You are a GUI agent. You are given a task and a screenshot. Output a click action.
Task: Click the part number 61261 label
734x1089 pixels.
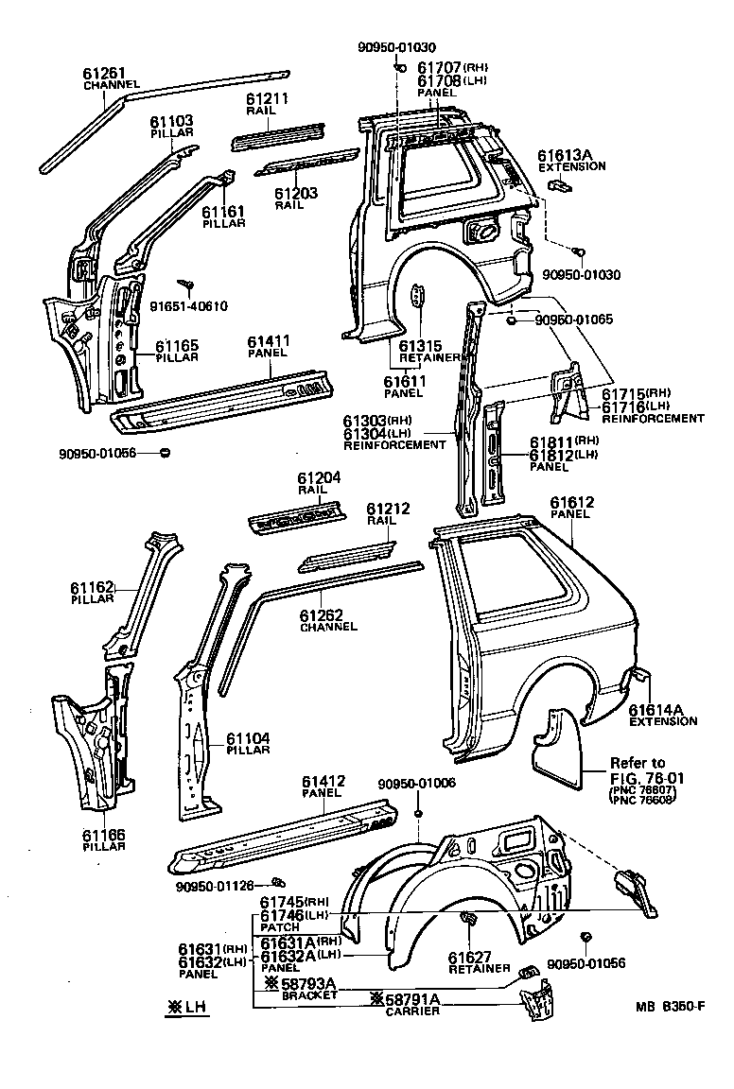(x=104, y=73)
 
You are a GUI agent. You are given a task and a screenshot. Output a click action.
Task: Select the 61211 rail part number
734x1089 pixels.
(x=267, y=98)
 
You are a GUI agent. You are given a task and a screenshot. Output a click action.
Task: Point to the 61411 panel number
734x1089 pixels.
(x=269, y=341)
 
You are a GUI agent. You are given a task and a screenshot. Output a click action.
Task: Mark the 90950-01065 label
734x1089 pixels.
(x=573, y=320)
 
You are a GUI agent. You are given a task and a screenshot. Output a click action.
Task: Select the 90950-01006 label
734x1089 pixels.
(x=416, y=784)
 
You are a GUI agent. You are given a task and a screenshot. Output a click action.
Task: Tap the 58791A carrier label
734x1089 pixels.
(x=413, y=999)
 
